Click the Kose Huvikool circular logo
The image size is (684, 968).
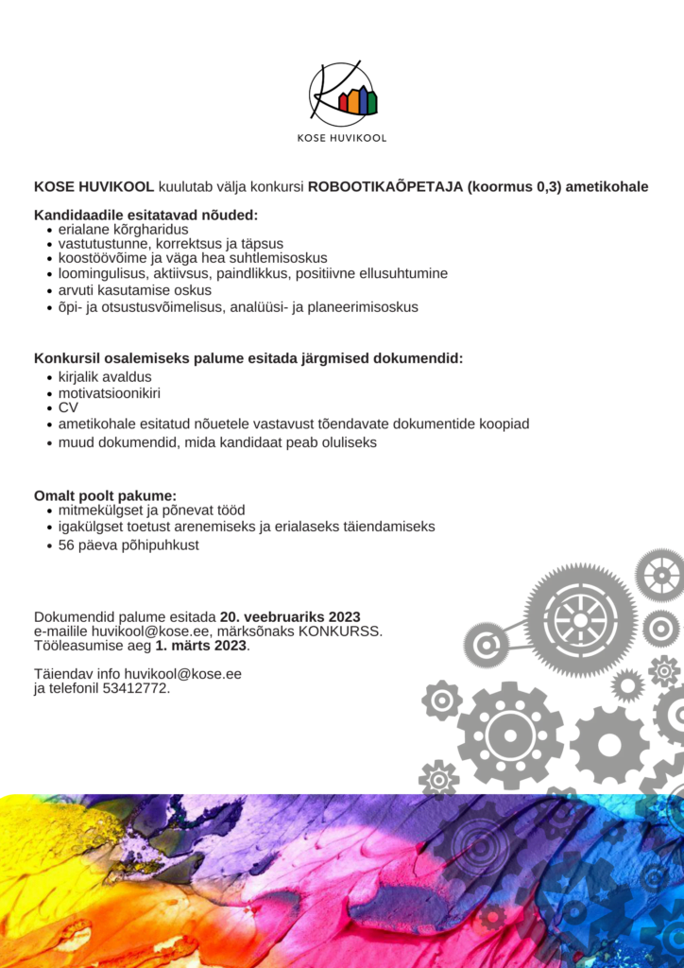(342, 94)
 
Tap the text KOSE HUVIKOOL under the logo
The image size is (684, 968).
(342, 138)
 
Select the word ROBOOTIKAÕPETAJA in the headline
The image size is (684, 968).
(385, 186)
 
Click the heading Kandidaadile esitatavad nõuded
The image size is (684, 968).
(145, 215)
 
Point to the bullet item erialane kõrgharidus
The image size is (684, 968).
(123, 230)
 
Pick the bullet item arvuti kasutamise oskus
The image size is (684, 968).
(135, 290)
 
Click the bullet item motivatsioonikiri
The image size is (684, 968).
(110, 392)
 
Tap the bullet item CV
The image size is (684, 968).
(68, 407)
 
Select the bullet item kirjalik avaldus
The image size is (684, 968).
(105, 377)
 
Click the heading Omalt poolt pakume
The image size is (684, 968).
(105, 495)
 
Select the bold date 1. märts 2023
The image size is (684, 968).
(201, 646)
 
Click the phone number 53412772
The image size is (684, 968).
(136, 688)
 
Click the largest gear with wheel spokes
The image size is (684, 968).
(580, 620)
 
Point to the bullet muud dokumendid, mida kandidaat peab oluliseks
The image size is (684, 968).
(217, 442)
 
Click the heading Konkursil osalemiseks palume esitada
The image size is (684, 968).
(248, 359)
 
